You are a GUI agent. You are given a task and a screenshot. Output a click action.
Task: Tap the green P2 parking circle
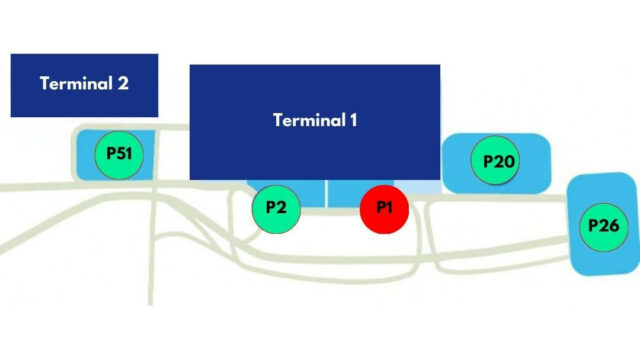[277, 208]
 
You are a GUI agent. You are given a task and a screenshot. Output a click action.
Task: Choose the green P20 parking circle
[497, 160]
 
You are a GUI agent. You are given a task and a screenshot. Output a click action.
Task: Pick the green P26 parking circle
[603, 226]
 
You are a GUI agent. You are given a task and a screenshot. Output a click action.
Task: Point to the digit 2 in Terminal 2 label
[123, 83]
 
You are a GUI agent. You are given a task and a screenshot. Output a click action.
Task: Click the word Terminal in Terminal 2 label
[76, 83]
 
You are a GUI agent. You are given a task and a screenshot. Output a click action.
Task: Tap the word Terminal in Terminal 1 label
[306, 121]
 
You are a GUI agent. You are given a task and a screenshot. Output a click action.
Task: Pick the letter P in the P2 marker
[271, 208]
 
